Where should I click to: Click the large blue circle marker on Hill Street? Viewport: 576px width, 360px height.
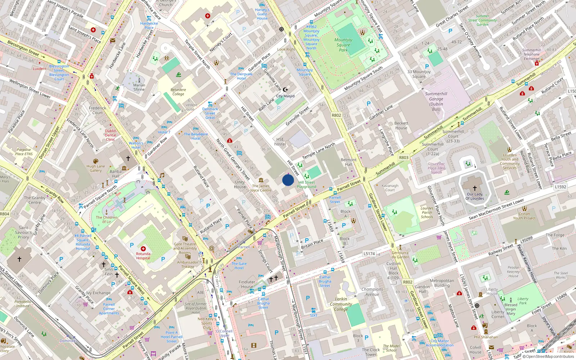tap(288, 180)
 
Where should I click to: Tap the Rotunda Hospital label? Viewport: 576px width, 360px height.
tap(143, 256)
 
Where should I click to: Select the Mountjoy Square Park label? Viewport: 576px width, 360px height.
tap(343, 45)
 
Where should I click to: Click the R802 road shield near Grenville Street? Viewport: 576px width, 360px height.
tap(336, 115)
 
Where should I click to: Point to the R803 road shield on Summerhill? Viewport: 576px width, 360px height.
tap(404, 157)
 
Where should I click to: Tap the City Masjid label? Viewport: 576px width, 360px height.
tap(285, 96)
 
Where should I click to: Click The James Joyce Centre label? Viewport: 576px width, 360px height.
tap(261, 188)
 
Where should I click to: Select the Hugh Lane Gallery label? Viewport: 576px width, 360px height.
tap(96, 168)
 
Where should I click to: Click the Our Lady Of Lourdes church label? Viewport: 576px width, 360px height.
tap(474, 196)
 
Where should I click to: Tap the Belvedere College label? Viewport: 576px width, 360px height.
tap(178, 92)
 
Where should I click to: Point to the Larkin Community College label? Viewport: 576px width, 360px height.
tap(341, 304)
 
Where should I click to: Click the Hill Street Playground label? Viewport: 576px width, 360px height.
tap(307, 184)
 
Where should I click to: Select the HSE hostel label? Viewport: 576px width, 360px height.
tap(280, 141)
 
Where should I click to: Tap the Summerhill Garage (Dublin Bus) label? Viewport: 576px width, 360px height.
tap(436, 101)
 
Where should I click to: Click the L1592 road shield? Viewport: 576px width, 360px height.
tap(560, 187)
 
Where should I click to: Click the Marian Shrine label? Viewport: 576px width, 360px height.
tap(139, 87)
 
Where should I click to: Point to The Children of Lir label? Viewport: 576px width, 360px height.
tap(107, 219)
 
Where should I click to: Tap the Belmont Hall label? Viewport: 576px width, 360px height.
tap(348, 162)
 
